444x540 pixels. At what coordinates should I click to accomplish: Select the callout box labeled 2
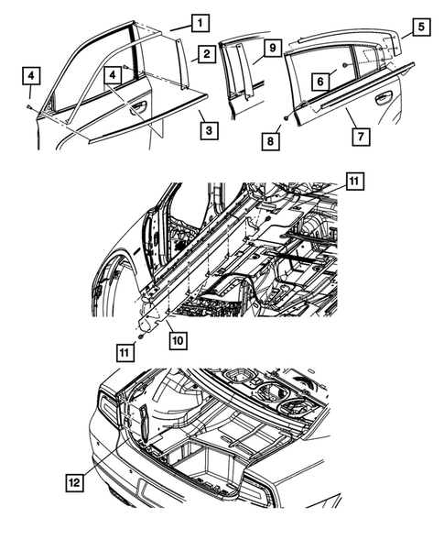click(x=209, y=55)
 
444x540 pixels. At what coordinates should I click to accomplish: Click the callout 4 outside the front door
click(x=31, y=73)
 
